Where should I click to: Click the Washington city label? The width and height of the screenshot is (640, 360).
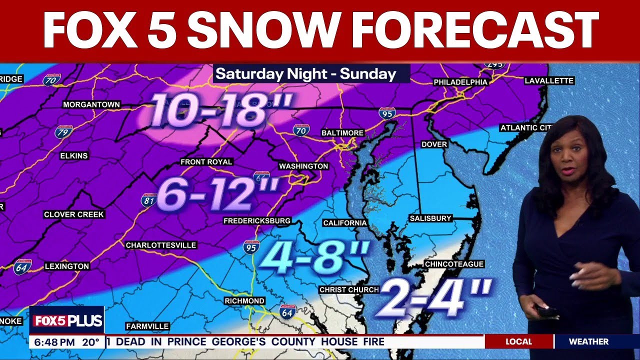tap(303, 166)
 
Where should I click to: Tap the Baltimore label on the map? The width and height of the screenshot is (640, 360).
tap(342, 133)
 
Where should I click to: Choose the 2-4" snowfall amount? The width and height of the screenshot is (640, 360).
tap(433, 298)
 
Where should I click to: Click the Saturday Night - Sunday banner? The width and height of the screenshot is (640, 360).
tap(306, 74)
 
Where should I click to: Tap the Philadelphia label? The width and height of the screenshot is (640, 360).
tap(460, 82)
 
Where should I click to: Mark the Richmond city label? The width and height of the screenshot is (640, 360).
tap(244, 301)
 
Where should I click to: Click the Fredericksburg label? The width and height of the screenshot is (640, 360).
tap(257, 220)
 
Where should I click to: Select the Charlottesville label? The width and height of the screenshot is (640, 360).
tap(161, 245)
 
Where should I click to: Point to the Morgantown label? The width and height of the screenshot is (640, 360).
tap(91, 104)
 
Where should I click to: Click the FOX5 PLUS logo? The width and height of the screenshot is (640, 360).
tap(67, 320)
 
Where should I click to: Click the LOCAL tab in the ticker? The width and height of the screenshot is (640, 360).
tap(518, 342)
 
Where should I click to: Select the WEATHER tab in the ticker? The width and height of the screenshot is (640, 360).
tap(588, 342)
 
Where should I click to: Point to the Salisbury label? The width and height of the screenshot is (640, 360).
tap(430, 218)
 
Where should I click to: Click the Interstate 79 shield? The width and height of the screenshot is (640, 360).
tap(63, 132)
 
